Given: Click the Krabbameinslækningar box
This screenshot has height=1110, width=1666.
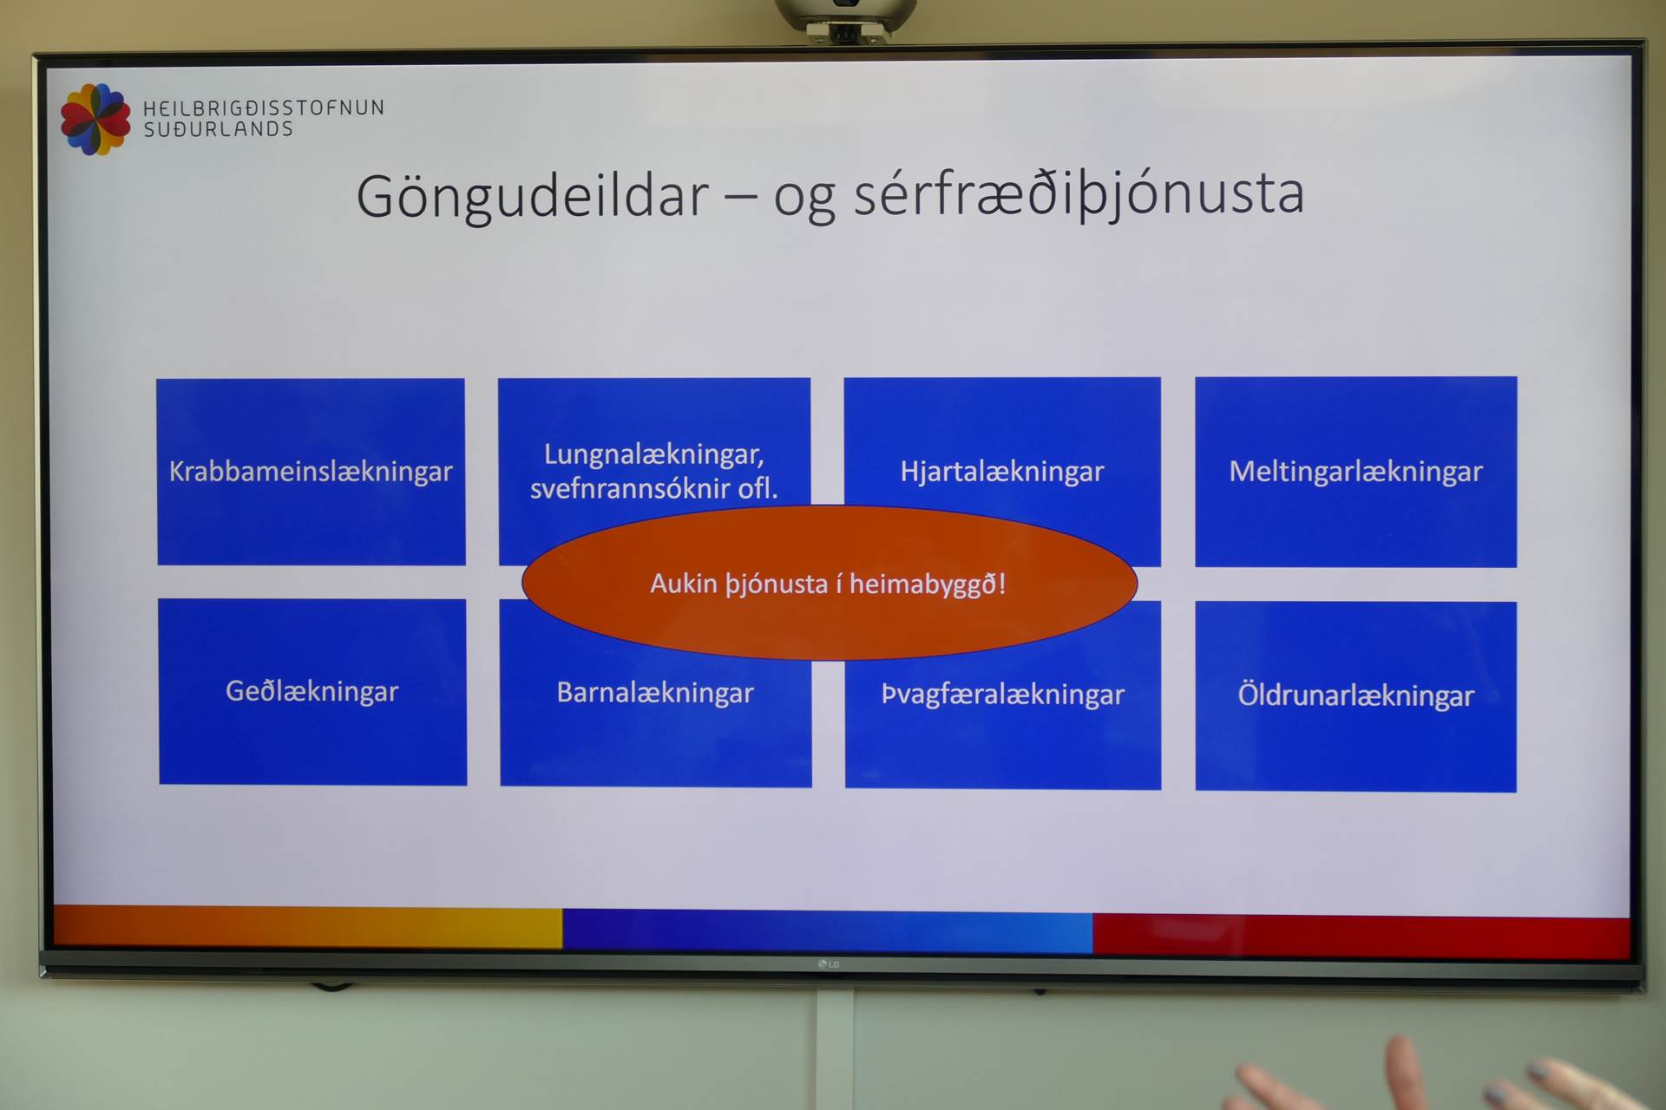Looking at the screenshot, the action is click(311, 472).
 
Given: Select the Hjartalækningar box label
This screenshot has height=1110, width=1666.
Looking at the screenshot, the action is click(1002, 472).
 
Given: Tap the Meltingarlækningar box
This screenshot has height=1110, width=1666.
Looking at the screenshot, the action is click(1355, 472).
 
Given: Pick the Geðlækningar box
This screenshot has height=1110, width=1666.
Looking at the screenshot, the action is click(312, 692).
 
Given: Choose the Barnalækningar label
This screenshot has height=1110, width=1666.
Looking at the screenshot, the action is click(655, 693).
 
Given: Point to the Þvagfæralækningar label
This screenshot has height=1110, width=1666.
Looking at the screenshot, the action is click(1003, 695).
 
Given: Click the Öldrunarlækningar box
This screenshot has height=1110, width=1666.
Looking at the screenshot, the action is click(1355, 696).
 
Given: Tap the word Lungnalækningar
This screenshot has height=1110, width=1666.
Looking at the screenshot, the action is click(653, 454).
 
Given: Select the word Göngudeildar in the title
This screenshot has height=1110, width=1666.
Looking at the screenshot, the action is click(533, 197).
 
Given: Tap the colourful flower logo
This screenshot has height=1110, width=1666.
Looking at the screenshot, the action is click(95, 120).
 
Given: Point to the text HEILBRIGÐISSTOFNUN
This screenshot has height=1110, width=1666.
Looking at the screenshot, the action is click(264, 108).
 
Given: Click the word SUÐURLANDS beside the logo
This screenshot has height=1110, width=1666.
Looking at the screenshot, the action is click(219, 130).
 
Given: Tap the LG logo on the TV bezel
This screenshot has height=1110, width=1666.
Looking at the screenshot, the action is click(829, 964).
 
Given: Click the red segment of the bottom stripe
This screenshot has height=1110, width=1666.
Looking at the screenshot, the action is click(1361, 936).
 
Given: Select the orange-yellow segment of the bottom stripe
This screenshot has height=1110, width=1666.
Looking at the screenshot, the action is click(308, 927).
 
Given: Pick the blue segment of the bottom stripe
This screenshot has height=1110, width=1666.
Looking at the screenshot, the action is click(828, 931).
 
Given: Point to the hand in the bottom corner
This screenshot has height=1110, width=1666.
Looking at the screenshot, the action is click(1440, 1080).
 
